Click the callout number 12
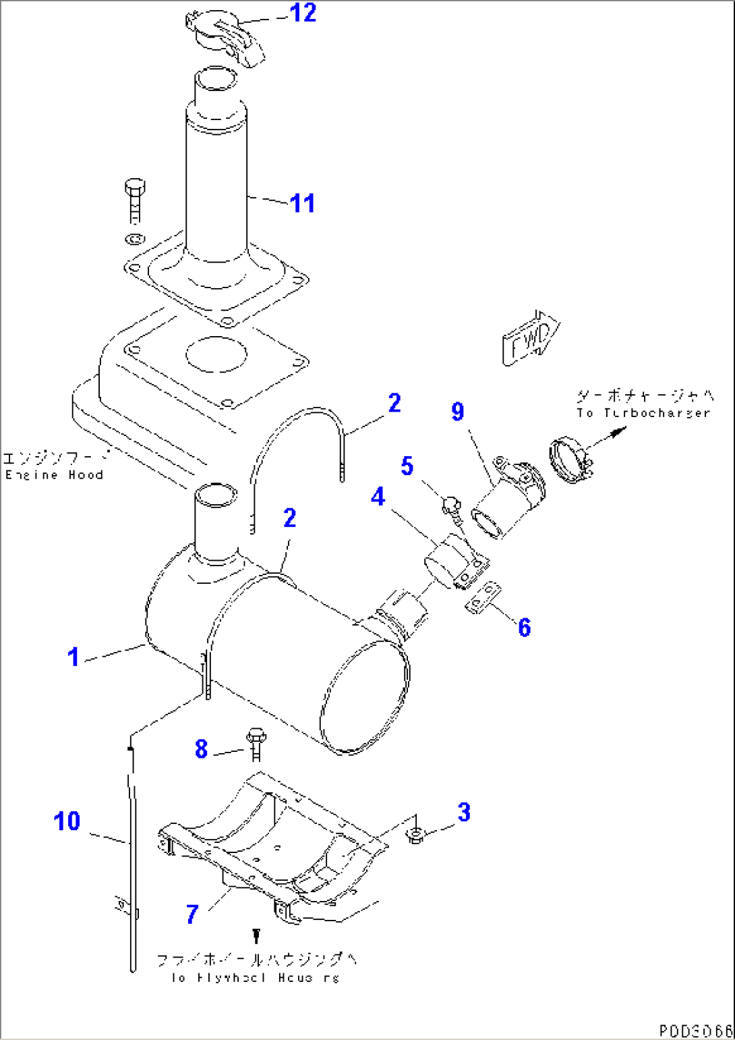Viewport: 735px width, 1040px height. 303,13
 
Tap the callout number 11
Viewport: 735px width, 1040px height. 302,203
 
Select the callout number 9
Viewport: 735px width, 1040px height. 458,412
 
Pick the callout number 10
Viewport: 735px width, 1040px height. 67,821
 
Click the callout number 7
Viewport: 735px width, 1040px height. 192,914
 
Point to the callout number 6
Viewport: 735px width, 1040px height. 524,627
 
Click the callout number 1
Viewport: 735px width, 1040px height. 73,657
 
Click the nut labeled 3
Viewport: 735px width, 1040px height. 415,837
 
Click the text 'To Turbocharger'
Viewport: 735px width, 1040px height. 644,412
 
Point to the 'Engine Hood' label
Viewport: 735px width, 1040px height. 54,474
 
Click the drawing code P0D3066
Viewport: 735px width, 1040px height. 695,1031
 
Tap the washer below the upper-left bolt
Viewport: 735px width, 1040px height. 134,238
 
